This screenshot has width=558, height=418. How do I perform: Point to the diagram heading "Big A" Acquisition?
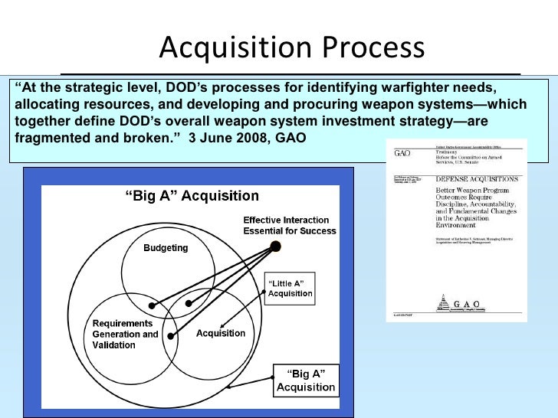(x=181, y=197)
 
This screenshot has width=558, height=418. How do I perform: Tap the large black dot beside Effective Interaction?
(x=276, y=246)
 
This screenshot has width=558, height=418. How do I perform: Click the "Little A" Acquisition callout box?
(x=290, y=289)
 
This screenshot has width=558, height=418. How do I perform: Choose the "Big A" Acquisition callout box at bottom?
(x=305, y=380)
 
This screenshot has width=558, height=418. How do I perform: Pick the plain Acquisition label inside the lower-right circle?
(x=221, y=333)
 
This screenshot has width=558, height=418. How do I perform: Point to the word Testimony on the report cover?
(x=448, y=152)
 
